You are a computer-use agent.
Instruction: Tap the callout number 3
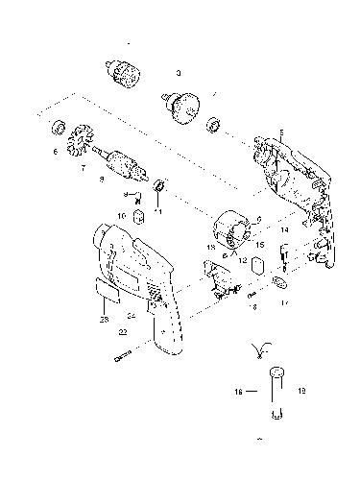pos(178,72)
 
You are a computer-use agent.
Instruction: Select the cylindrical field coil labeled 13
pos(233,231)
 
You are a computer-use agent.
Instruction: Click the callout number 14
pos(284,231)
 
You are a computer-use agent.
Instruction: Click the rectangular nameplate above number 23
pos(105,288)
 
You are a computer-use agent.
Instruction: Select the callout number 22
pos(122,331)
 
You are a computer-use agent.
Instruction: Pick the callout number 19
pos(300,392)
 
